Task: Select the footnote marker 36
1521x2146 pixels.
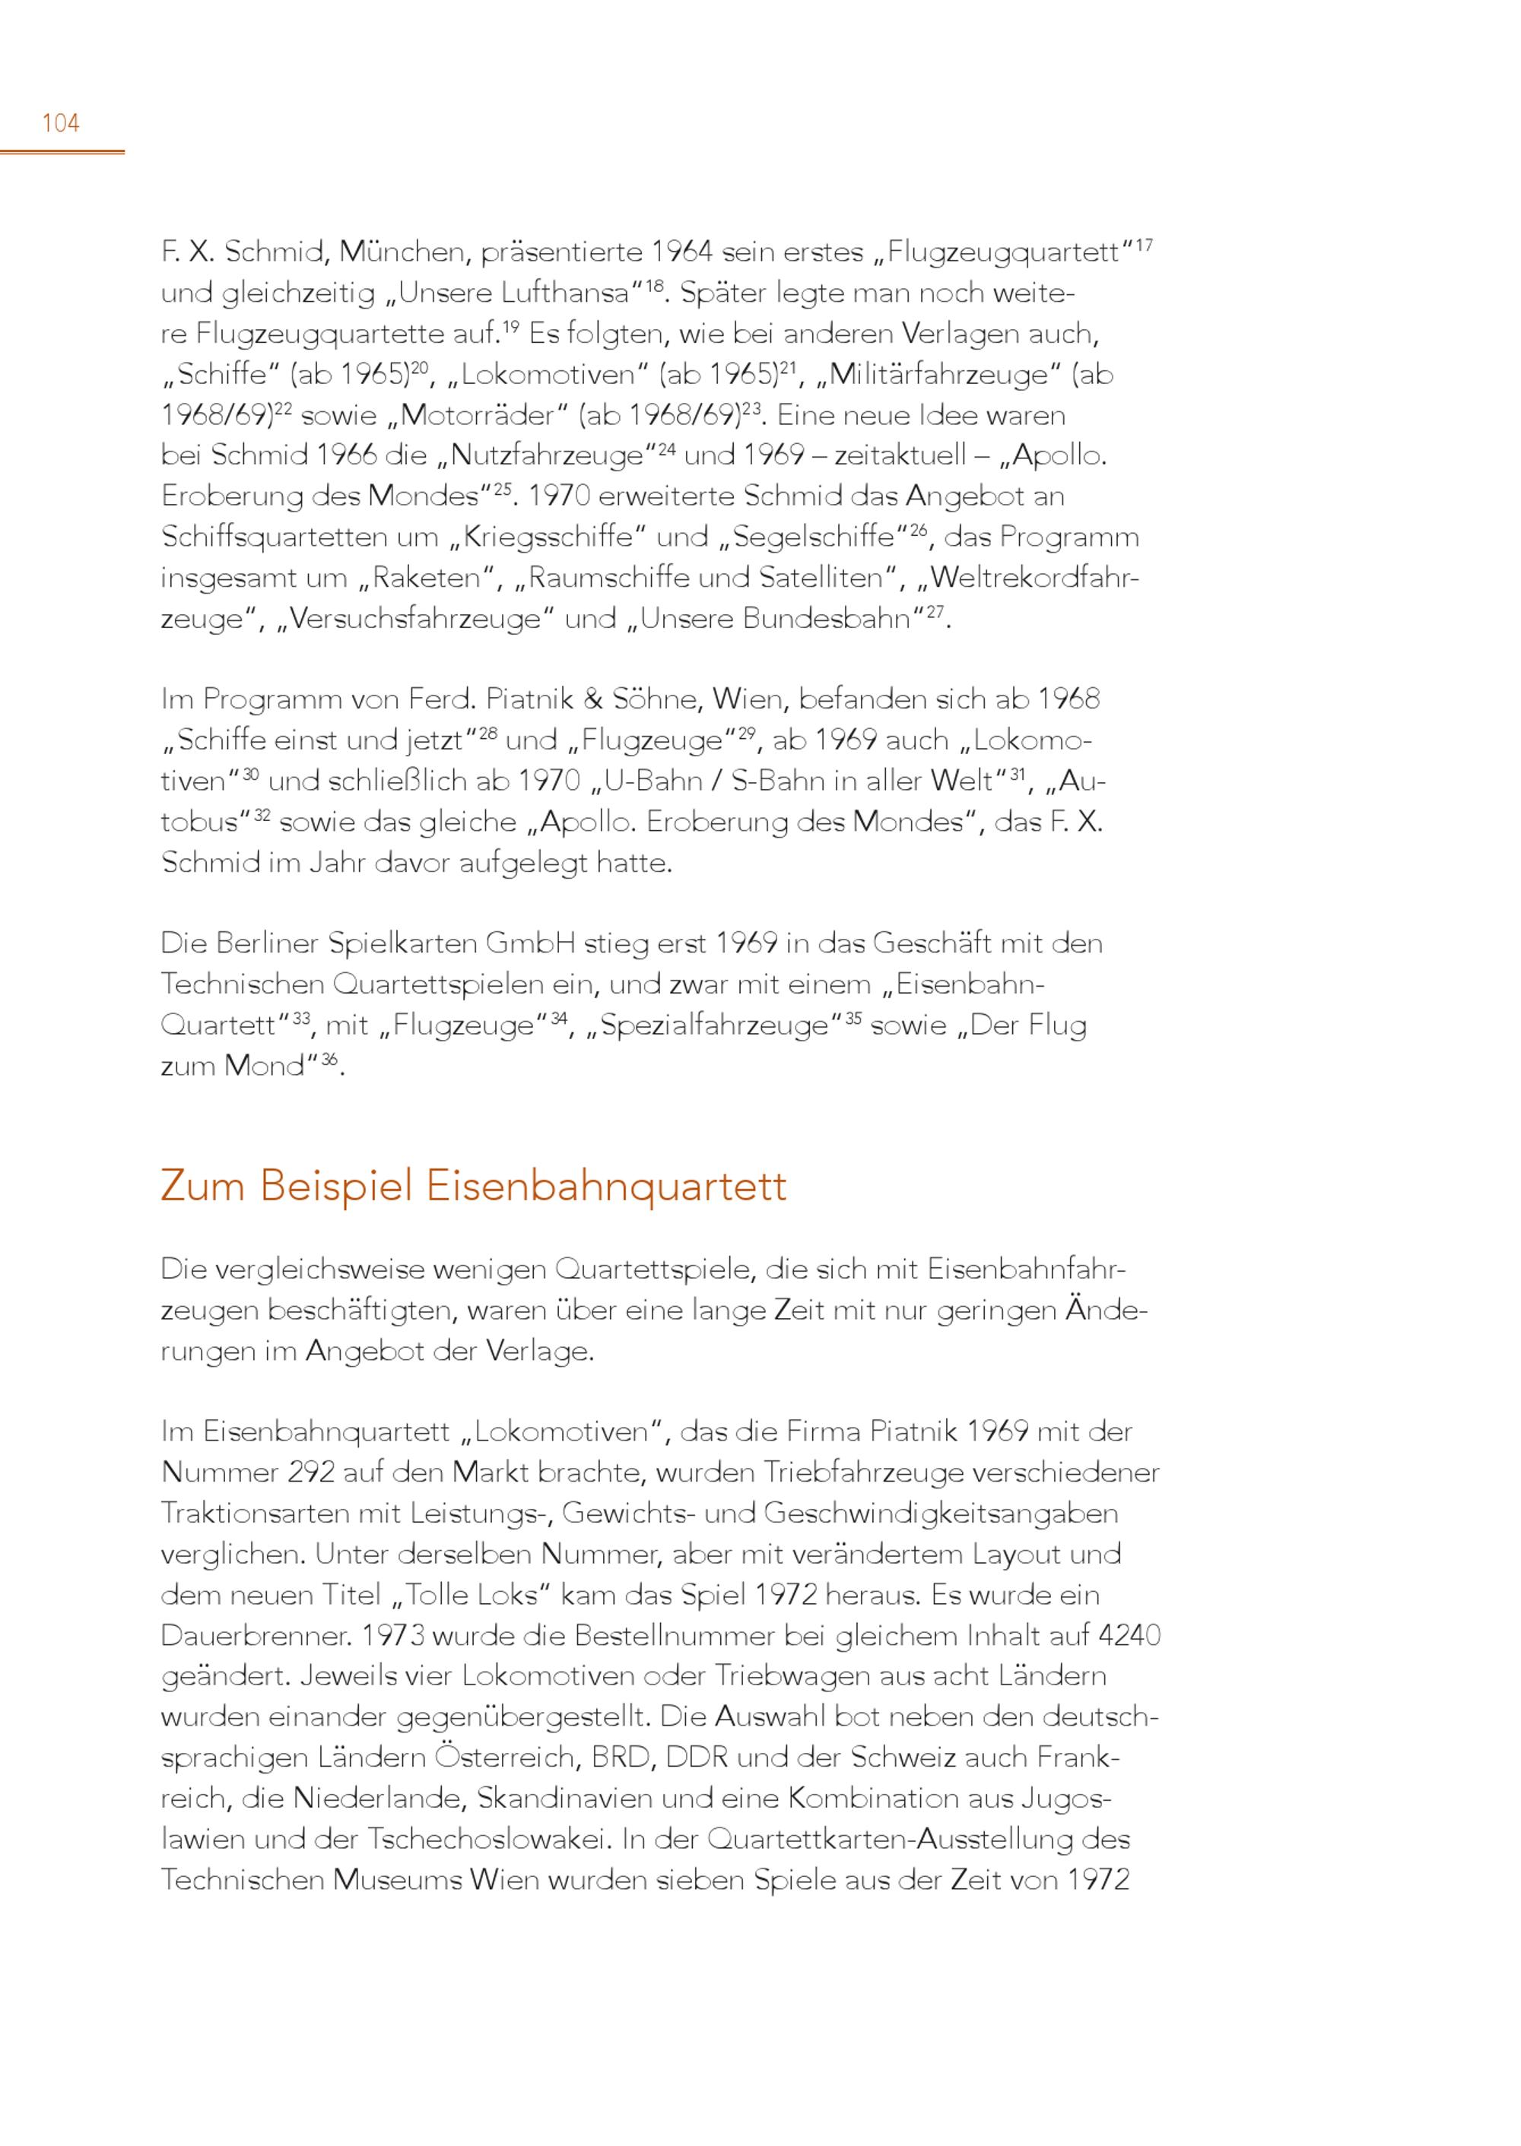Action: point(329,1059)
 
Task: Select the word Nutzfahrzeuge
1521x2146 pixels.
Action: point(548,456)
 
